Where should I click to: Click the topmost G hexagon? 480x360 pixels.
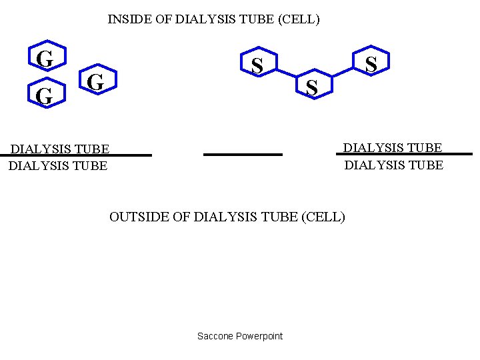coord(45,59)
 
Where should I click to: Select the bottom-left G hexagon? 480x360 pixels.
coord(44,96)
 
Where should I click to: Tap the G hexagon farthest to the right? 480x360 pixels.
coord(96,82)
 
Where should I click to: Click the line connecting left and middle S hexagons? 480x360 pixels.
coord(285,73)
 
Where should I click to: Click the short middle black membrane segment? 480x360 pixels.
coord(243,155)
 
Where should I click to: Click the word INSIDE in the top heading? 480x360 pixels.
coord(130,19)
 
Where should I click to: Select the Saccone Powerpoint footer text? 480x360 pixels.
coord(240,336)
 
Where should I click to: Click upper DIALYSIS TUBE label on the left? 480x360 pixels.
coord(59,148)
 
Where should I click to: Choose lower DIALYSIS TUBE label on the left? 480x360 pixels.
coord(58,165)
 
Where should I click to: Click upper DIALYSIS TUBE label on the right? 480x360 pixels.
coord(393,147)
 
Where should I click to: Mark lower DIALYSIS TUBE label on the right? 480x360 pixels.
coord(393,165)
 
